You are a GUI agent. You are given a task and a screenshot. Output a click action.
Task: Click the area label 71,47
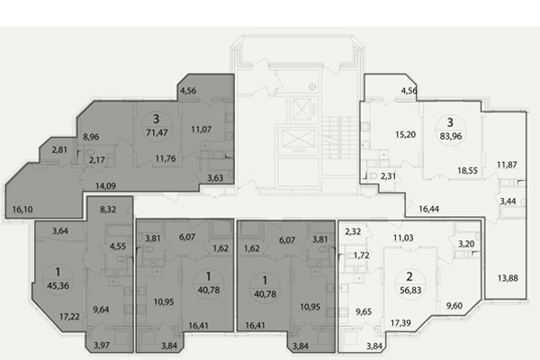pyautogui.click(x=157, y=132)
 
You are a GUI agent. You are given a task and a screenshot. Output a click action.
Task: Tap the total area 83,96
pyautogui.click(x=451, y=136)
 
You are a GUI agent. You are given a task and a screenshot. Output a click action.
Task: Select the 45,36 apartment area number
pyautogui.click(x=58, y=285)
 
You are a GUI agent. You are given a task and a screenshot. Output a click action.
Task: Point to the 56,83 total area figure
pyautogui.click(x=410, y=290)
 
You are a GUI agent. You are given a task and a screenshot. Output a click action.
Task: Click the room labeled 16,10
pyautogui.click(x=22, y=209)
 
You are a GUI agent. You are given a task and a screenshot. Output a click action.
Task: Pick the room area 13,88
pyautogui.click(x=508, y=278)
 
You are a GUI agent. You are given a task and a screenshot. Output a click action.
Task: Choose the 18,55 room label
pyautogui.click(x=467, y=170)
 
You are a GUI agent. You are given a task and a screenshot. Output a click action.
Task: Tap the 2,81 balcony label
pyautogui.click(x=59, y=150)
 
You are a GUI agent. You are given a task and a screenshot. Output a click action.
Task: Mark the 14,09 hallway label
pyautogui.click(x=105, y=186)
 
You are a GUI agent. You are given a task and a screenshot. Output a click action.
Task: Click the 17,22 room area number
pyautogui.click(x=69, y=316)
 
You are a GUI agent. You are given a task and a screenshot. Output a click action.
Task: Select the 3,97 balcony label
pyautogui.click(x=102, y=346)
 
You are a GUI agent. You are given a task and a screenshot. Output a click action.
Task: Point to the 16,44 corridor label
pyautogui.click(x=428, y=209)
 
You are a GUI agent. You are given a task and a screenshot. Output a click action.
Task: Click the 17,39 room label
pyautogui.click(x=400, y=323)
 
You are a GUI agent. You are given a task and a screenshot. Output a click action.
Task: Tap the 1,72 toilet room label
pyautogui.click(x=362, y=256)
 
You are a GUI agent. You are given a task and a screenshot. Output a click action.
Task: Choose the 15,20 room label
pyautogui.click(x=405, y=134)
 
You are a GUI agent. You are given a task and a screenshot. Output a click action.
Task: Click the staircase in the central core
pyautogui.click(x=339, y=138)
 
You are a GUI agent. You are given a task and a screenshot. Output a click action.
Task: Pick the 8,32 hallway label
pyautogui.click(x=108, y=209)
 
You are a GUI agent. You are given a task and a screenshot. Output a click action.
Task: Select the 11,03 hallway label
pyautogui.click(x=403, y=238)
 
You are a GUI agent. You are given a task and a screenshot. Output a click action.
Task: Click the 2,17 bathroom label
pyautogui.click(x=97, y=160)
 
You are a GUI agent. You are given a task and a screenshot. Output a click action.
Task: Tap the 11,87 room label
pyautogui.click(x=507, y=165)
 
